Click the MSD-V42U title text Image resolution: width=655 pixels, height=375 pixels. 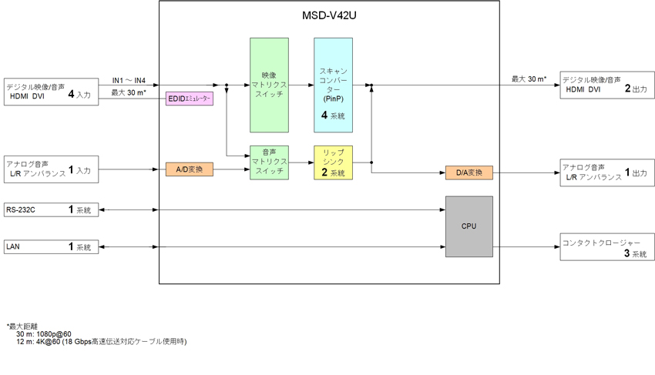(x=329, y=15)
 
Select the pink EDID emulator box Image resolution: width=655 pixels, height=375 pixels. (x=189, y=99)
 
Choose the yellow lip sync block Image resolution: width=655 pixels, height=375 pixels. (x=333, y=162)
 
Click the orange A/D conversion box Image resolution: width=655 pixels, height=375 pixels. (x=189, y=169)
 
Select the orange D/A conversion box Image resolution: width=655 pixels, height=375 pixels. (x=469, y=172)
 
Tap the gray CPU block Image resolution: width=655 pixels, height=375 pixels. (x=469, y=226)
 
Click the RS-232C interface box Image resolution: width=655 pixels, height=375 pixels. (x=52, y=209)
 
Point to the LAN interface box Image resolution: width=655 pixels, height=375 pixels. (x=52, y=247)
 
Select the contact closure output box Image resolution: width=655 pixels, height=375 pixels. (x=605, y=247)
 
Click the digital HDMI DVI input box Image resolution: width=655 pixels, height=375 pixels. (x=52, y=91)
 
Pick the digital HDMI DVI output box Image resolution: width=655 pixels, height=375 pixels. (x=605, y=85)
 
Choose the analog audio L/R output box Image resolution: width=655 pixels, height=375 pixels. (x=605, y=172)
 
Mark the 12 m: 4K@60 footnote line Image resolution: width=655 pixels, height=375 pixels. (x=101, y=341)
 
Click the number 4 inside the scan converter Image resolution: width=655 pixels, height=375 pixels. (x=325, y=115)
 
